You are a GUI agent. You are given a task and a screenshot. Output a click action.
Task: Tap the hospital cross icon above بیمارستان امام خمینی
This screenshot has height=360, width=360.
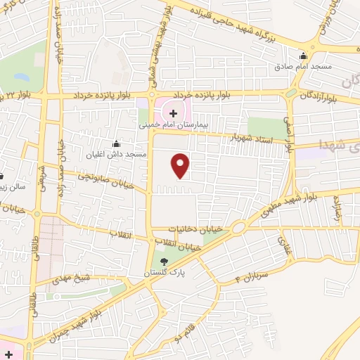[173, 112]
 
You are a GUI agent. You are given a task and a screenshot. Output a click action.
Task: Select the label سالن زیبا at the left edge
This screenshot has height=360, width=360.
[15, 188]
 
